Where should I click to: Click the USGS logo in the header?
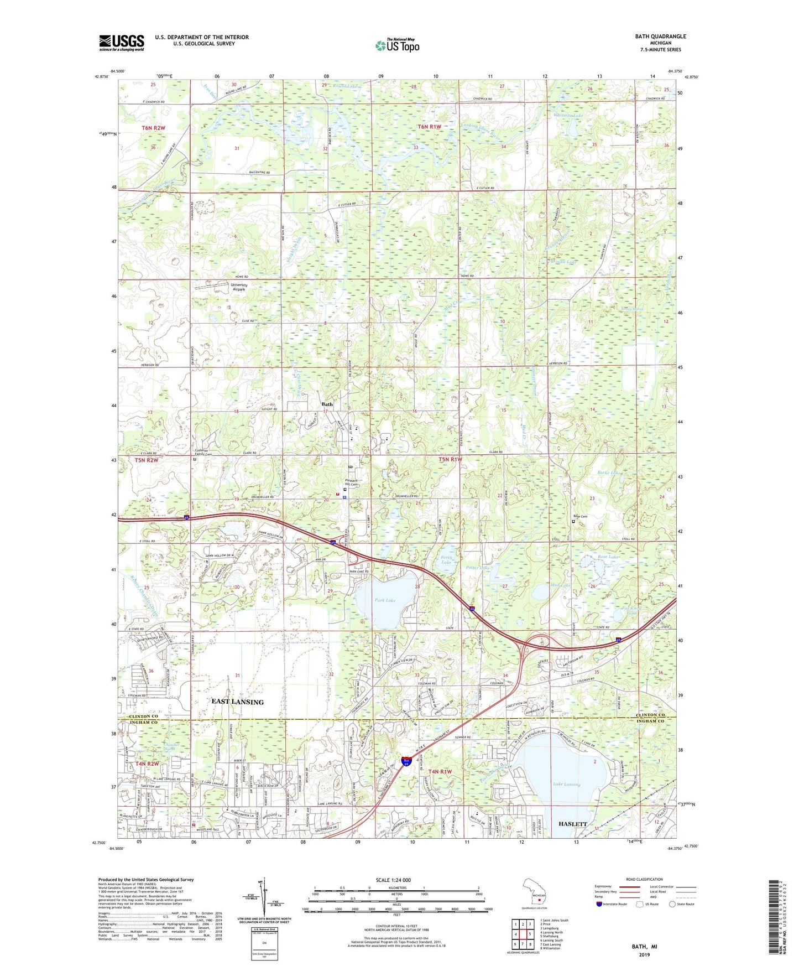click(122, 43)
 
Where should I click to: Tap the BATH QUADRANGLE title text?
click(660, 37)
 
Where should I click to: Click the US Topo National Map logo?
click(397, 45)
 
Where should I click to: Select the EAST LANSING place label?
click(238, 702)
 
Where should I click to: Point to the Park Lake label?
click(385, 600)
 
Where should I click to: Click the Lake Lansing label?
click(567, 784)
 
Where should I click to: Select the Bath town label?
click(327, 404)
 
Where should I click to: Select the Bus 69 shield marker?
click(406, 763)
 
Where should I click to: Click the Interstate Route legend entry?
click(614, 904)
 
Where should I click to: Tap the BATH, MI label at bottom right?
click(644, 947)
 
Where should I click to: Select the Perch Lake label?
click(446, 559)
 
